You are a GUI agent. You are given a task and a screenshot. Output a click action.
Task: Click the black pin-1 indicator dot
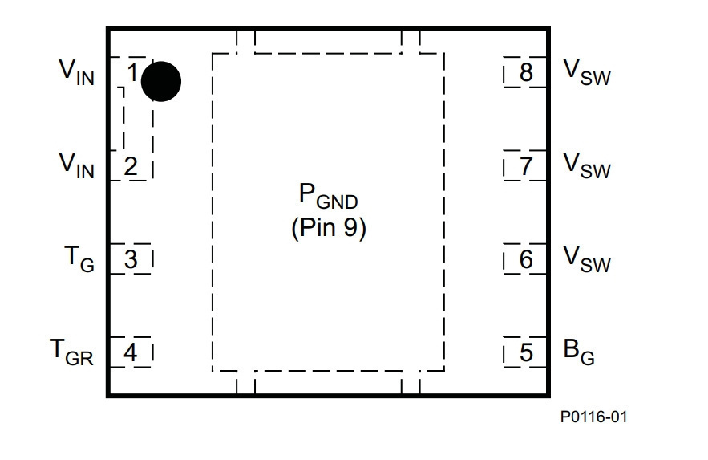click(161, 82)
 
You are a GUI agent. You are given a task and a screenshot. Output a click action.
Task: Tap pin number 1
click(132, 72)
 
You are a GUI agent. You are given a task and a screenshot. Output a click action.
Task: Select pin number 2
click(131, 166)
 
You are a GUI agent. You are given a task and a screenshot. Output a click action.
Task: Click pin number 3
click(131, 259)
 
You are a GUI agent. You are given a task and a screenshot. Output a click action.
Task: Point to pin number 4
click(131, 352)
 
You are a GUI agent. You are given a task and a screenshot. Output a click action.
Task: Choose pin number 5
click(526, 352)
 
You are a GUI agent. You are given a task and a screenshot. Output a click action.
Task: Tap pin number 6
click(526, 259)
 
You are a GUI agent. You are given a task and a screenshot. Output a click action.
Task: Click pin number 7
click(526, 166)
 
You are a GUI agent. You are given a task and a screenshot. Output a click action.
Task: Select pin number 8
click(526, 72)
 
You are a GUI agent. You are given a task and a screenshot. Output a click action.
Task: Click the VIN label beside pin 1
click(76, 72)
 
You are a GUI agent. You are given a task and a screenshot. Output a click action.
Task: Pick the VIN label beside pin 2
click(76, 165)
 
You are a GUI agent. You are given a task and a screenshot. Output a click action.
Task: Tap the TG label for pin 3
click(79, 259)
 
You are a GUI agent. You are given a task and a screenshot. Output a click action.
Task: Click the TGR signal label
click(71, 352)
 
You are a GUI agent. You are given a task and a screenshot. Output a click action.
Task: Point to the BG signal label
click(579, 352)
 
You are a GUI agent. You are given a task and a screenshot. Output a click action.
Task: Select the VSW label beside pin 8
click(587, 72)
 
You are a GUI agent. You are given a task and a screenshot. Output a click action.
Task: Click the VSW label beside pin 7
click(587, 165)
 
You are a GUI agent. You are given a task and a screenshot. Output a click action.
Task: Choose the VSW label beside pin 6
click(587, 259)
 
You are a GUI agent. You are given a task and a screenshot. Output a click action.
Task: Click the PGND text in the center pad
click(328, 196)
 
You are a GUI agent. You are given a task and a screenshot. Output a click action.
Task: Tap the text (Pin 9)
click(328, 227)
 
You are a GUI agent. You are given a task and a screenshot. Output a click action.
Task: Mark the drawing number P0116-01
click(594, 417)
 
